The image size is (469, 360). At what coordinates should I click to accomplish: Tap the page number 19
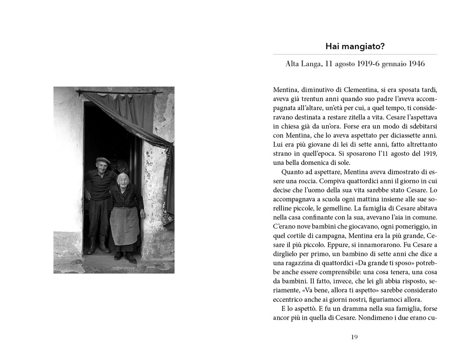point(355,337)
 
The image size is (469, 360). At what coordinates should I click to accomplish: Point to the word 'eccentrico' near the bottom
point(288,300)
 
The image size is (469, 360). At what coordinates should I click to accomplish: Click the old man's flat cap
point(103,161)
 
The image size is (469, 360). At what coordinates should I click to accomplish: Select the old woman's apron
point(124,226)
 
